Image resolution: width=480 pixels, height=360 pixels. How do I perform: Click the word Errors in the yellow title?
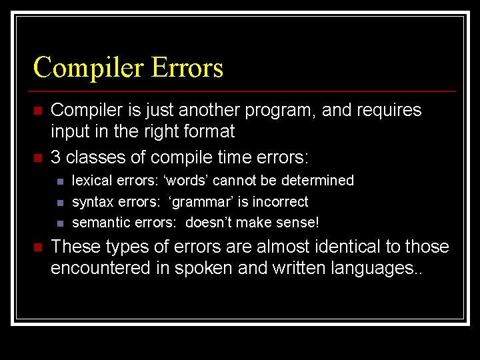(x=187, y=68)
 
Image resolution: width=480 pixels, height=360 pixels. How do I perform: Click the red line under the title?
(x=244, y=91)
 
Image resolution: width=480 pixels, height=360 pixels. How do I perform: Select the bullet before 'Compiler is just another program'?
(x=38, y=110)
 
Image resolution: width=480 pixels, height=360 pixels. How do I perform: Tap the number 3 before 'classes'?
(x=56, y=158)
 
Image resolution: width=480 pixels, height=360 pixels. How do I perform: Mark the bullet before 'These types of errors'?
(x=38, y=247)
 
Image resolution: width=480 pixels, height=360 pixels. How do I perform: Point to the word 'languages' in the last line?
(x=385, y=269)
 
